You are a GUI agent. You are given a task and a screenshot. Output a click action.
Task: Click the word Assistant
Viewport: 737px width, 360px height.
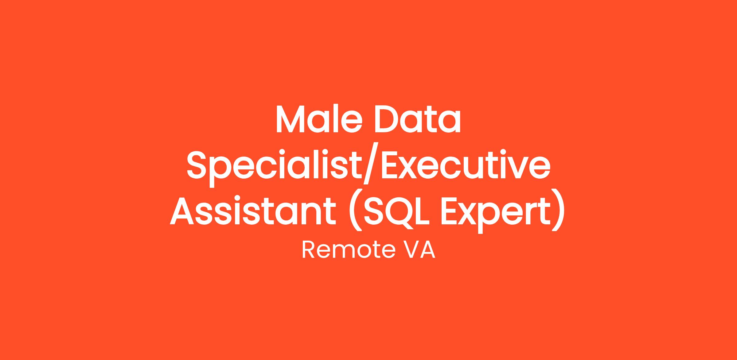(253, 212)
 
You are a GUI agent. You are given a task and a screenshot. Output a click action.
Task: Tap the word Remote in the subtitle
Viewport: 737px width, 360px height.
(348, 250)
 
